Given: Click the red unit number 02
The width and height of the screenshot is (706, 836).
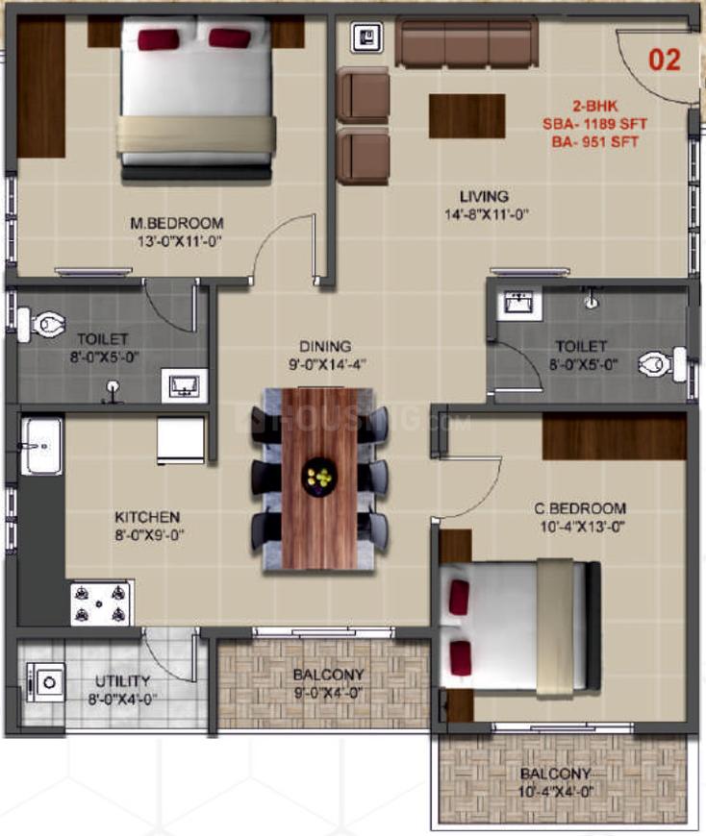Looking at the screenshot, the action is (x=665, y=60).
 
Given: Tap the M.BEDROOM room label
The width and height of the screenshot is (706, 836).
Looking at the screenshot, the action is (x=177, y=223).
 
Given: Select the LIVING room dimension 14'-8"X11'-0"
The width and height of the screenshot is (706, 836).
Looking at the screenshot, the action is (x=487, y=215).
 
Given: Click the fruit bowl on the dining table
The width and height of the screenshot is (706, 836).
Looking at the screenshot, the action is (x=319, y=476).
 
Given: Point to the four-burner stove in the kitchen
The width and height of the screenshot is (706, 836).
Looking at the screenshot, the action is (x=100, y=602).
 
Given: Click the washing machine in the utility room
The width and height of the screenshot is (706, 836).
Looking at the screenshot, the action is (x=45, y=682).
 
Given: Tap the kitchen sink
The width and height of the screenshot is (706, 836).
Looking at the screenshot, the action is (x=41, y=446).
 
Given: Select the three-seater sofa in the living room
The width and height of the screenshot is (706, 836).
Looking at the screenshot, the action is (x=466, y=43).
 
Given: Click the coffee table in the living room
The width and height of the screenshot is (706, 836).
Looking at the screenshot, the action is (x=466, y=116).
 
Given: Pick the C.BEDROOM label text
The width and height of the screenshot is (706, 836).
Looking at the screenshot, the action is (x=580, y=508).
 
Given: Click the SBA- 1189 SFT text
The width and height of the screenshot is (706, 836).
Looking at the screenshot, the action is (x=595, y=124).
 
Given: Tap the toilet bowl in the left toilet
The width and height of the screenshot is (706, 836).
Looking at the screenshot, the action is (x=41, y=325).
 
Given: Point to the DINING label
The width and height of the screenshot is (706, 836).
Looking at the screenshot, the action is (x=325, y=347).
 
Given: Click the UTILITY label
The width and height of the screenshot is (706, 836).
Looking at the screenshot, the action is (x=123, y=681).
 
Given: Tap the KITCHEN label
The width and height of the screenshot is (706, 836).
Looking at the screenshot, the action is (x=147, y=517).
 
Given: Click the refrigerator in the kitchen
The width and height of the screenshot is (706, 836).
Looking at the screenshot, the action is (x=181, y=440).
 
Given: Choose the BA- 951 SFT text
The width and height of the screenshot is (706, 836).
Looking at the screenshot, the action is (x=595, y=142).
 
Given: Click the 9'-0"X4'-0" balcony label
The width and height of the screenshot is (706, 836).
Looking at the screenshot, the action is (x=329, y=693).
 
